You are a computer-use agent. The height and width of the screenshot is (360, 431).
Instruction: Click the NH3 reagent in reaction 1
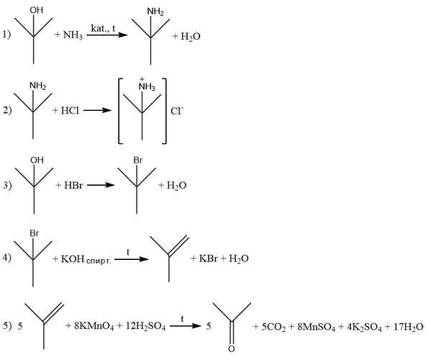pyautogui.click(x=73, y=36)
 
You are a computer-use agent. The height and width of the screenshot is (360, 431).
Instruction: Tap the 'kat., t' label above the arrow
pyautogui.click(x=103, y=28)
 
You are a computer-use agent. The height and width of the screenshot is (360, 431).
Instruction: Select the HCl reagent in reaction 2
pyautogui.click(x=70, y=111)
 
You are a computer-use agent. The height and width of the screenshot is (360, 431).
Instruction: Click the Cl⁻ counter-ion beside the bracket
pyautogui.click(x=177, y=111)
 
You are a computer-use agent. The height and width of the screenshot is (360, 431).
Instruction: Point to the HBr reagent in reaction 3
pyautogui.click(x=73, y=185)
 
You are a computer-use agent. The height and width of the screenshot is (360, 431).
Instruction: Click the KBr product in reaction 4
pyautogui.click(x=209, y=258)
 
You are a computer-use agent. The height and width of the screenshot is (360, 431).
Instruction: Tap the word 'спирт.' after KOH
pyautogui.click(x=99, y=261)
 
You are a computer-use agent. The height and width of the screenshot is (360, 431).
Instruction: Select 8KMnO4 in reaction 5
pyautogui.click(x=94, y=326)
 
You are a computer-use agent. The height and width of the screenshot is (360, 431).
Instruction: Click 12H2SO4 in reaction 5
pyautogui.click(x=145, y=326)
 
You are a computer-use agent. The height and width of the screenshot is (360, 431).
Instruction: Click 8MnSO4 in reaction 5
pyautogui.click(x=317, y=327)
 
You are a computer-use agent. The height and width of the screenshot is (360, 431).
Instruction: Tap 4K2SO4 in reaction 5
pyautogui.click(x=364, y=327)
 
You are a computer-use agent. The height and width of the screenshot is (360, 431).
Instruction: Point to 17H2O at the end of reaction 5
pyautogui.click(x=408, y=327)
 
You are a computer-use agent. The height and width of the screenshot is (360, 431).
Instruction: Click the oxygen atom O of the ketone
pyautogui.click(x=232, y=349)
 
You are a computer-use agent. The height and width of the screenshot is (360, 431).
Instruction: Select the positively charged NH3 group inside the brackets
pyautogui.click(x=147, y=86)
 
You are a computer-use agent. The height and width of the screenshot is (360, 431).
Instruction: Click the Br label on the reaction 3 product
pyautogui.click(x=137, y=160)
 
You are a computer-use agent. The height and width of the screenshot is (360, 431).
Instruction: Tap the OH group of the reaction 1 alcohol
pyautogui.click(x=37, y=10)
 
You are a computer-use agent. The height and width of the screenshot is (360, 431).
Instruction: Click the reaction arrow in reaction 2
pyautogui.click(x=97, y=111)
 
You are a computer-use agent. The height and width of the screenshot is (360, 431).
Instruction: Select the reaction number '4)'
pyautogui.click(x=7, y=258)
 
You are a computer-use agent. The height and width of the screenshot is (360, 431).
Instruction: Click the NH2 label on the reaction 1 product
pyautogui.click(x=155, y=12)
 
